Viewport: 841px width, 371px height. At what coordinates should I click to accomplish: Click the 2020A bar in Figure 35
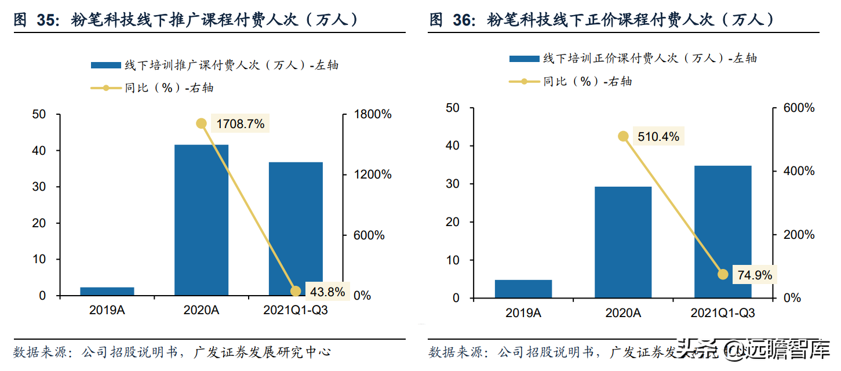pos(201,220)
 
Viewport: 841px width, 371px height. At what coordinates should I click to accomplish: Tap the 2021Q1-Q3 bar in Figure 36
pos(722,232)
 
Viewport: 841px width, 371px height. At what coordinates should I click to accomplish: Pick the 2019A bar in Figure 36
pos(523,289)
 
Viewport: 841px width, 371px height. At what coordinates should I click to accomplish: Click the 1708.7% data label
pos(240,123)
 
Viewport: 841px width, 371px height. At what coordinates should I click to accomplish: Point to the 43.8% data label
pos(327,292)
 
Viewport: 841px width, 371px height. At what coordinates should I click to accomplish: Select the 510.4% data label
pos(658,137)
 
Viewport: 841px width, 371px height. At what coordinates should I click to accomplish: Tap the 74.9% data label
pos(755,275)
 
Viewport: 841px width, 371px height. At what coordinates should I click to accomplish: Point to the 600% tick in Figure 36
pos(798,108)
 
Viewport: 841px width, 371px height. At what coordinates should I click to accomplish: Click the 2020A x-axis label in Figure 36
pos(623,313)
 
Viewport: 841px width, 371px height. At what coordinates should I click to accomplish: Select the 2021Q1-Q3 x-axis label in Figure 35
pos(296,310)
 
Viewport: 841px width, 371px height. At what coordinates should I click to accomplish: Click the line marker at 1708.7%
pos(201,123)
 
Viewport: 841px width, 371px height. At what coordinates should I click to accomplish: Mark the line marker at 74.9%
pos(722,274)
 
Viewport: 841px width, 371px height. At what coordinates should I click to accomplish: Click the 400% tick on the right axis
pos(798,171)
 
